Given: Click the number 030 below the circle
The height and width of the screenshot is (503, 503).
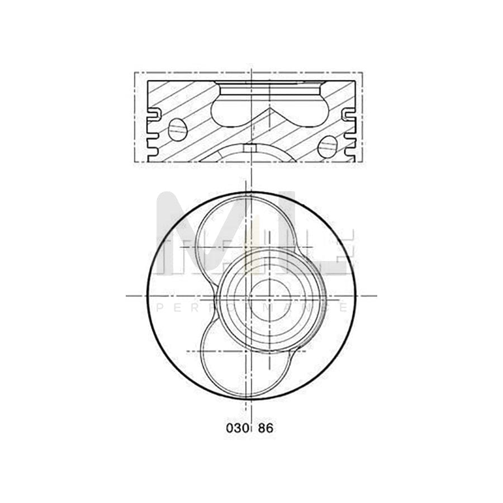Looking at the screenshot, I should click(236, 429).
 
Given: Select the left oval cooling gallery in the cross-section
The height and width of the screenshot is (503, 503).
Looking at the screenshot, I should click(177, 130).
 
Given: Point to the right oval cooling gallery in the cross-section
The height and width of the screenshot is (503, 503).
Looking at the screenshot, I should click(327, 146).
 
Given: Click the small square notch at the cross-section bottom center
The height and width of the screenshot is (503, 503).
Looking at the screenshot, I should click(251, 148).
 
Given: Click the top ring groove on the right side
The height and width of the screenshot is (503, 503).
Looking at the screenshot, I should click(348, 115).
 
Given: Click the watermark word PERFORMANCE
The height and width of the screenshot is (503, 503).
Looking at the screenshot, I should click(251, 308).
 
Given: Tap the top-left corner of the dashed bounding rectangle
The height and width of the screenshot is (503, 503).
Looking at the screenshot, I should click(135, 73).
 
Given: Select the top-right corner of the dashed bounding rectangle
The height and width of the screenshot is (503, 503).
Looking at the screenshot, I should click(362, 73).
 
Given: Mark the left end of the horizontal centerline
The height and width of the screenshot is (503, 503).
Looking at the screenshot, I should click(127, 296).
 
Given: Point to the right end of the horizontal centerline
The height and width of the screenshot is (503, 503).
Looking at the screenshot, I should click(376, 296).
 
